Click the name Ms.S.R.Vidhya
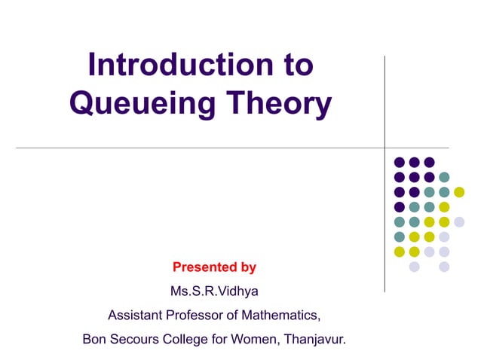(x=215, y=291)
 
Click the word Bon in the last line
(x=94, y=339)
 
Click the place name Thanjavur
(x=316, y=339)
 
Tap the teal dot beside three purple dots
(x=444, y=177)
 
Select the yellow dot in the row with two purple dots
(x=459, y=192)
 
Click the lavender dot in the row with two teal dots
(x=459, y=221)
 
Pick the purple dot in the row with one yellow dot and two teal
(x=400, y=206)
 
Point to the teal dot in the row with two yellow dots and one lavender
(x=400, y=236)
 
